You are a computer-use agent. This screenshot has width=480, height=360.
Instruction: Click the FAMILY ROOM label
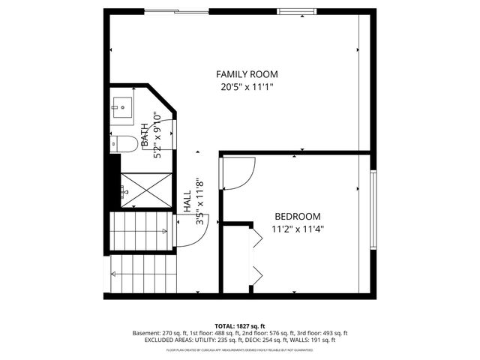tap(247, 74)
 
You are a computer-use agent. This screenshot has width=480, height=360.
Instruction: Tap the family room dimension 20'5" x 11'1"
tap(247, 87)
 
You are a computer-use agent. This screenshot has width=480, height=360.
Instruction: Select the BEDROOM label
tap(297, 216)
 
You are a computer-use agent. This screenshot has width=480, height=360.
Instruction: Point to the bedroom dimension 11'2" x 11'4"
tap(297, 229)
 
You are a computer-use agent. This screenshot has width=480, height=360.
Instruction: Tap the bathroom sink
tap(121, 106)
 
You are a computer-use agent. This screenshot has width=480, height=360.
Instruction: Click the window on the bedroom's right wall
tap(372, 211)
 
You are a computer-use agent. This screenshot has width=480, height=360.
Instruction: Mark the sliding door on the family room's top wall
tap(177, 11)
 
